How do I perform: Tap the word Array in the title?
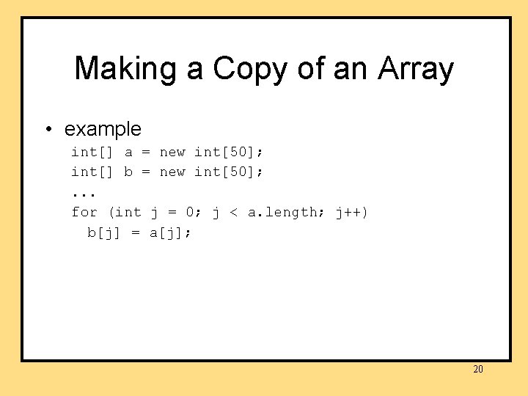pyautogui.click(x=416, y=69)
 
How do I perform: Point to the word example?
pyautogui.click(x=103, y=129)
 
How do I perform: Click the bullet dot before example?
pyautogui.click(x=48, y=130)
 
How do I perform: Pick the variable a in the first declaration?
pyautogui.click(x=128, y=152)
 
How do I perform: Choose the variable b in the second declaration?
pyautogui.click(x=128, y=172)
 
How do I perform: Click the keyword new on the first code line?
pyautogui.click(x=172, y=152)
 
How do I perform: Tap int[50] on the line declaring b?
pyautogui.click(x=228, y=172)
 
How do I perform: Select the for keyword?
pyautogui.click(x=84, y=212)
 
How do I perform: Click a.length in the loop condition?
pyautogui.click(x=282, y=212)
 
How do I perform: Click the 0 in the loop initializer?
pyautogui.click(x=189, y=212)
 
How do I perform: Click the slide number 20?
pyautogui.click(x=477, y=369)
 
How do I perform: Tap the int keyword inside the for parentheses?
pyautogui.click(x=128, y=212)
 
